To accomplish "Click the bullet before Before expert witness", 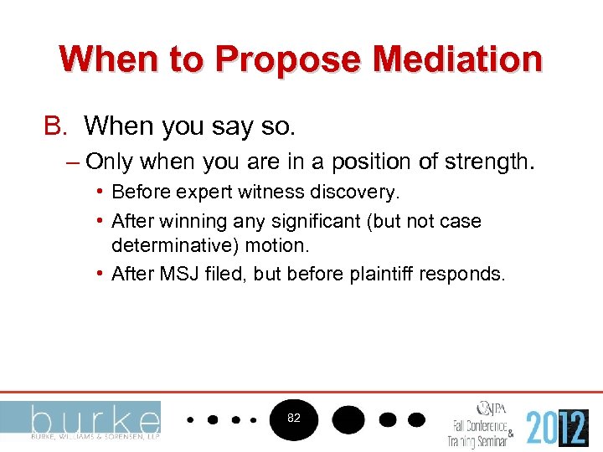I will tap(100, 193).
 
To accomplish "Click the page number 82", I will tap(294, 417).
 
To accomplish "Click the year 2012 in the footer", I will tap(557, 426).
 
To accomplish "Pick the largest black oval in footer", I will tap(348, 418).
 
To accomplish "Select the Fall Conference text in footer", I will tap(479, 424).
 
